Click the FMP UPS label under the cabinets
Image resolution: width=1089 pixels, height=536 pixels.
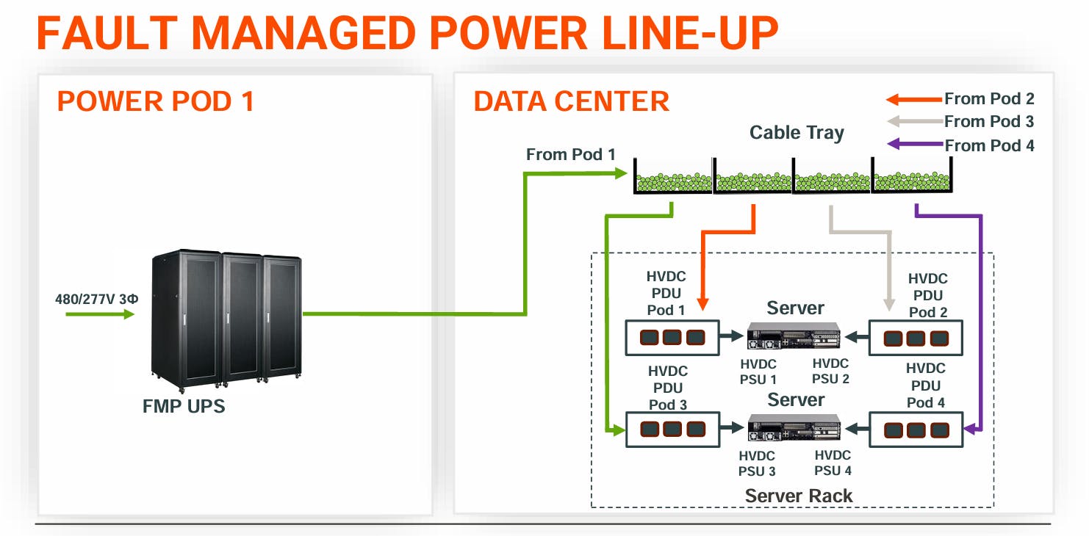click(x=184, y=405)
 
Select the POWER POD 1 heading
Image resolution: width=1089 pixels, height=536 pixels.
click(x=155, y=101)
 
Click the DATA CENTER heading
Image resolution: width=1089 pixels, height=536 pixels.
click(x=571, y=101)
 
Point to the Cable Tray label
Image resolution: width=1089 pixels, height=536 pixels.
click(x=797, y=133)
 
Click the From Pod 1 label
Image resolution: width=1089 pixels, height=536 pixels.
click(x=570, y=155)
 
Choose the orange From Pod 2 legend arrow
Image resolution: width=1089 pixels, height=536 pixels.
click(x=913, y=99)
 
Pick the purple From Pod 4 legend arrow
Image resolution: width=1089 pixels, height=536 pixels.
click(x=914, y=145)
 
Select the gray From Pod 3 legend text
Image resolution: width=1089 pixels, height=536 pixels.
click(x=989, y=122)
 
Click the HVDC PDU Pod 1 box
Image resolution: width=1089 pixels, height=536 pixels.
click(x=672, y=338)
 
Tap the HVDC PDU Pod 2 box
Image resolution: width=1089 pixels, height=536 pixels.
click(x=916, y=338)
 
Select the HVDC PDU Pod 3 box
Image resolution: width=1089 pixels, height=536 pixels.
click(x=672, y=430)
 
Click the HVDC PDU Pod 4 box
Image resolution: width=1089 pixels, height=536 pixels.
click(x=916, y=430)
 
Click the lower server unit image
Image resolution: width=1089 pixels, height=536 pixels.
click(x=794, y=428)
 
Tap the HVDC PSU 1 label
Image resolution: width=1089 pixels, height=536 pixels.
click(x=758, y=372)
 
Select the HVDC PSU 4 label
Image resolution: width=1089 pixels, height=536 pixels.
click(x=833, y=463)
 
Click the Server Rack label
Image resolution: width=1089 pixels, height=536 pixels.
click(x=799, y=496)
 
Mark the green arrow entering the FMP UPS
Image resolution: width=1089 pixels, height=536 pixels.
click(x=100, y=314)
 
